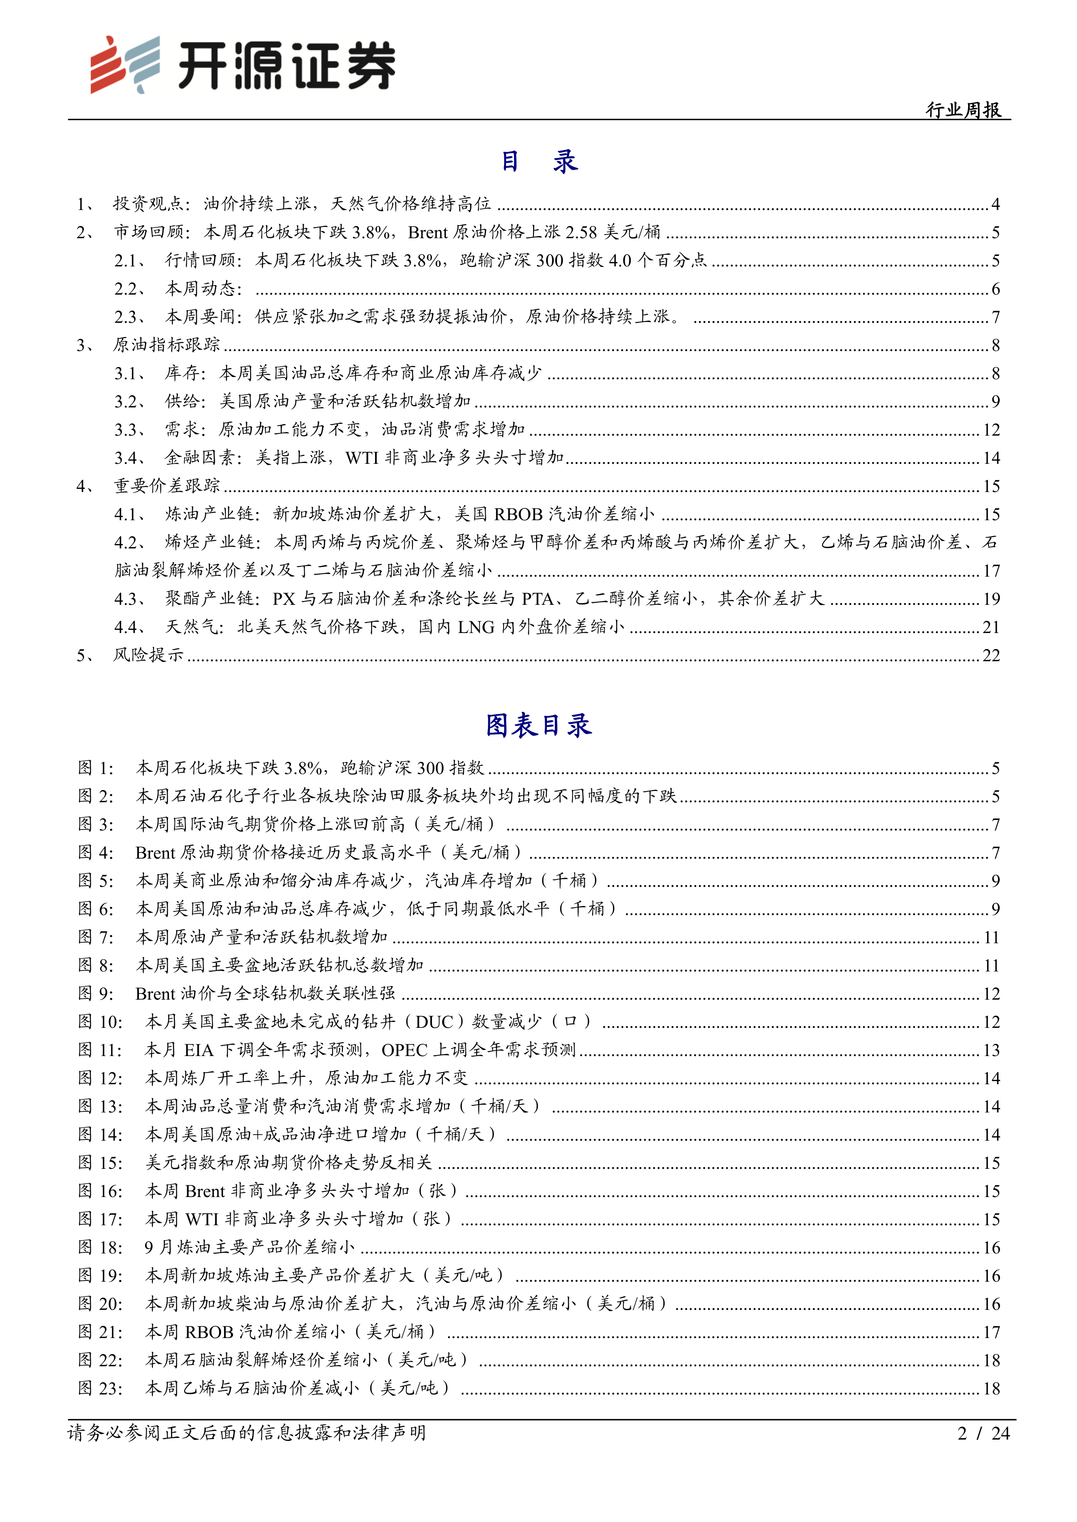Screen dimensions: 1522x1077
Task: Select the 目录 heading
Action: tap(538, 161)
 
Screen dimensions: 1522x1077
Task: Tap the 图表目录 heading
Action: tap(538, 725)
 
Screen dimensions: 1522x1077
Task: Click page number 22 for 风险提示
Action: tap(991, 656)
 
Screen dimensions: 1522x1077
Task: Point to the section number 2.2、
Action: tap(129, 289)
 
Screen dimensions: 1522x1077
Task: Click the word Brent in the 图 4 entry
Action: tap(155, 853)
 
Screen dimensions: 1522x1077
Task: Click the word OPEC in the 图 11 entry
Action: tap(405, 1050)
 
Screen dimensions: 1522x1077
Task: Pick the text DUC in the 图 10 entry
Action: tap(435, 1021)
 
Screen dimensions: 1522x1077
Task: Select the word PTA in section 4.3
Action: tap(537, 599)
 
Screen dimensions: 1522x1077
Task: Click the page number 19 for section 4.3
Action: tap(991, 599)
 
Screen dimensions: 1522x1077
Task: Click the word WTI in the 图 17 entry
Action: tap(201, 1219)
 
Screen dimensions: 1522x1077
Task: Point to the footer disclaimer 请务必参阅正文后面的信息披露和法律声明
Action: tap(247, 1433)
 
